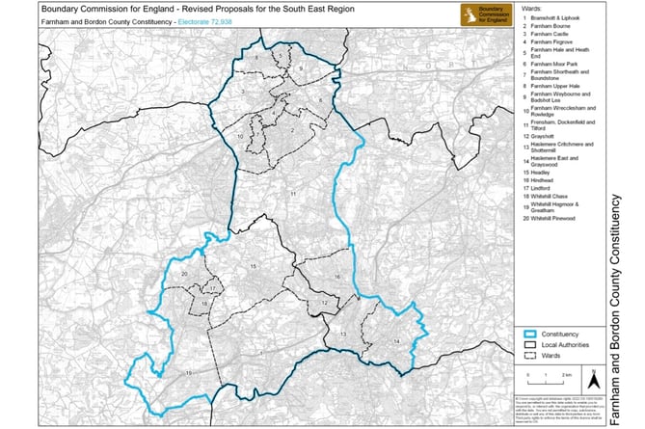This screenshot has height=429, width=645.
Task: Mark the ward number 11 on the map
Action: click(x=291, y=194)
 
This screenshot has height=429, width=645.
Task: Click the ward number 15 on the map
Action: click(x=253, y=265)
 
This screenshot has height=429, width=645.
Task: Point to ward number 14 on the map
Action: click(x=395, y=342)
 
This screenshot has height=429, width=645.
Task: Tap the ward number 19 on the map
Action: click(x=190, y=371)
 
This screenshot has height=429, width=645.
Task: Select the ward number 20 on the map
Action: click(x=183, y=274)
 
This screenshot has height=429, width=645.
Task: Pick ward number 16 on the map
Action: click(x=338, y=277)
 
